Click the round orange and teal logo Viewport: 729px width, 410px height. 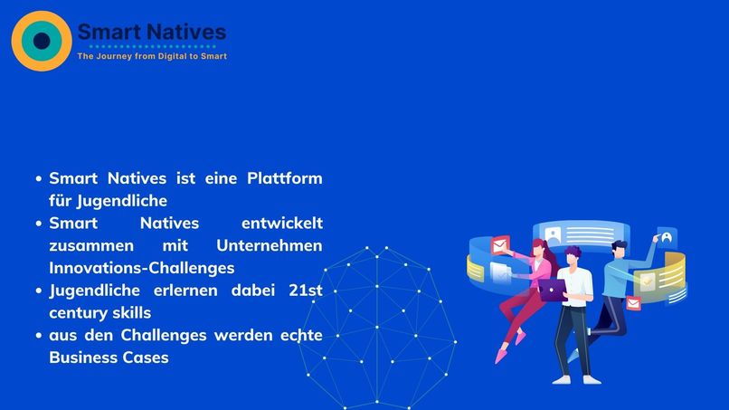click(x=42, y=41)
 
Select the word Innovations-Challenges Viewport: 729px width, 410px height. click(x=142, y=268)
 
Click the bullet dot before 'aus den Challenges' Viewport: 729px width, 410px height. click(x=39, y=336)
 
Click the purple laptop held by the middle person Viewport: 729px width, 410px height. click(x=553, y=290)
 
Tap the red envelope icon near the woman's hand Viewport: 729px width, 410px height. click(x=499, y=245)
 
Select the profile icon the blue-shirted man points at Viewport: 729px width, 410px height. click(x=667, y=238)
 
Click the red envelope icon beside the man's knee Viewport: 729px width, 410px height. click(x=633, y=303)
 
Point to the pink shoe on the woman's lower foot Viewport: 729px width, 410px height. click(x=500, y=356)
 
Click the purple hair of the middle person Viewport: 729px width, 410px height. click(x=570, y=254)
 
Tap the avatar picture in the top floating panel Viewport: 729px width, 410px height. click(x=552, y=234)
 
